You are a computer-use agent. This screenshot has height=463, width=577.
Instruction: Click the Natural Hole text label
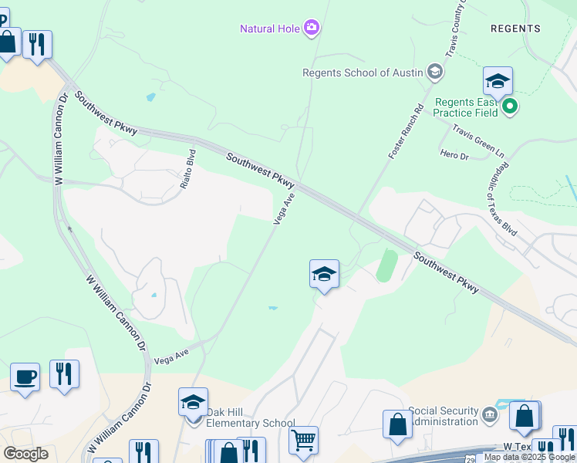[270, 29]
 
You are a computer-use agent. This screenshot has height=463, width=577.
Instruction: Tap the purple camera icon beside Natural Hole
[312, 29]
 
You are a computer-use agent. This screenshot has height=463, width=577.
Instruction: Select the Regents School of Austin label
[362, 73]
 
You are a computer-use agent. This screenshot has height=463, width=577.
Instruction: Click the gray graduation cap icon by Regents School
[434, 73]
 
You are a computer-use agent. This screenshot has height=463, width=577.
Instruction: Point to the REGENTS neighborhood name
[515, 29]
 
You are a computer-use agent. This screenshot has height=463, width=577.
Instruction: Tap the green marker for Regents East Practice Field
[509, 106]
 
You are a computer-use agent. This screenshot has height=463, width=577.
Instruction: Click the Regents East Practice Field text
[465, 107]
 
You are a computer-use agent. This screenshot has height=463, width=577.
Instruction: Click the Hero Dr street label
[454, 156]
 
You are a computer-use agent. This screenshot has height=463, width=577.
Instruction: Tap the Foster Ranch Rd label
[407, 132]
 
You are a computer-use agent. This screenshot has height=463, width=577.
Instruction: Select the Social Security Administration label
[443, 416]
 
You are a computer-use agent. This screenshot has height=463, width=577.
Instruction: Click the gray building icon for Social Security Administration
[490, 416]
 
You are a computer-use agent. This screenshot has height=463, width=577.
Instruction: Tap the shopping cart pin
[304, 441]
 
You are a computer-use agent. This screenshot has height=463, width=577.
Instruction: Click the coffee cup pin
[25, 377]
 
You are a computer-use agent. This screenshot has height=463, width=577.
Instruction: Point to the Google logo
[25, 453]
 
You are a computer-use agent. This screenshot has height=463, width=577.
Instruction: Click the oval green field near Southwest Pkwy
[386, 266]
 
